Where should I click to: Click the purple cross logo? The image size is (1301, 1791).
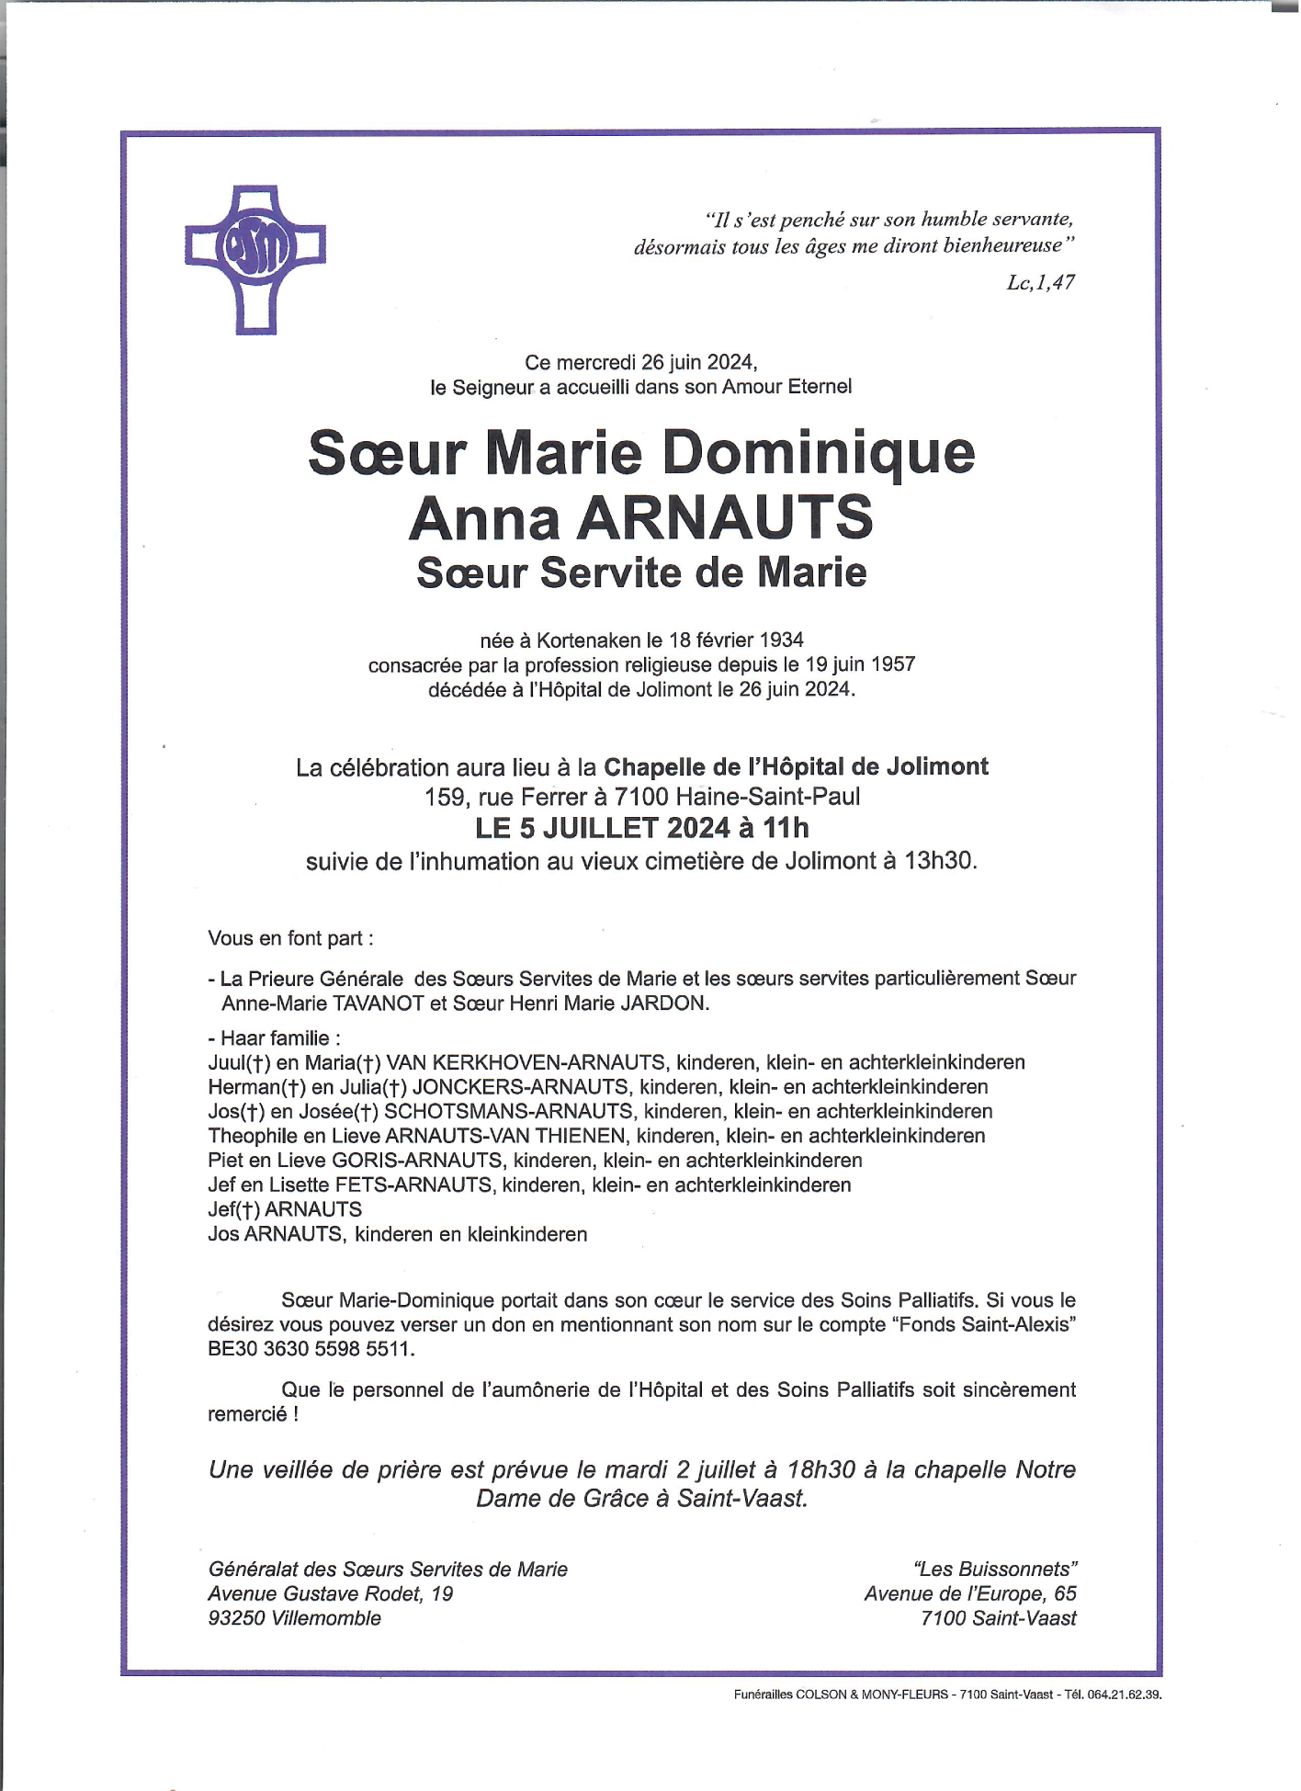pyautogui.click(x=255, y=258)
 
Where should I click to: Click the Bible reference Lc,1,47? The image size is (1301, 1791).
pyautogui.click(x=1040, y=283)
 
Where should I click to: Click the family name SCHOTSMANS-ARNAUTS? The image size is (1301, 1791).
pyautogui.click(x=508, y=1112)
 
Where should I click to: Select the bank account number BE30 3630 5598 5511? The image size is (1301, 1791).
pyautogui.click(x=311, y=1349)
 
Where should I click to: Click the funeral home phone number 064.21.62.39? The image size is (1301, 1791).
pyautogui.click(x=1125, y=1695)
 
